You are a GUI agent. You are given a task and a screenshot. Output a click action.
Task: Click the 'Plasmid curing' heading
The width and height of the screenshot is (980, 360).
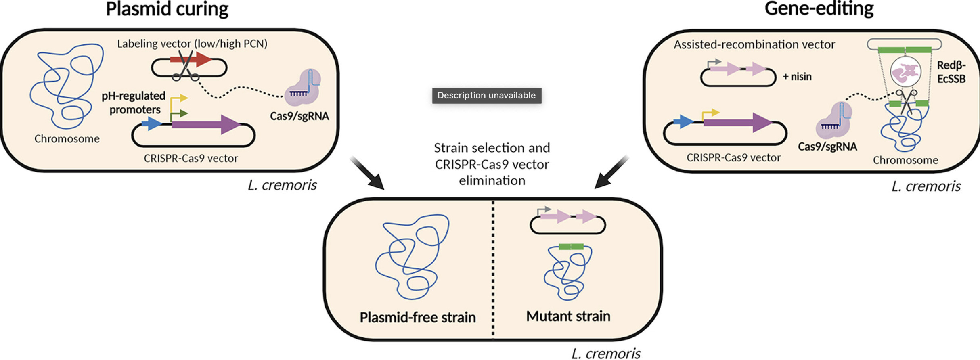click(x=167, y=9)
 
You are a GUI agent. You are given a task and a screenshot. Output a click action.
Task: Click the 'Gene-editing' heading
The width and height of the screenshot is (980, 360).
click(x=819, y=9)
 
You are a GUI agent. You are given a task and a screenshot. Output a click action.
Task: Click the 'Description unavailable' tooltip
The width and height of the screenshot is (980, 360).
click(x=486, y=96)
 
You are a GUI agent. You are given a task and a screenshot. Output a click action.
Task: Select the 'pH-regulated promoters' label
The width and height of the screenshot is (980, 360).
click(x=134, y=103)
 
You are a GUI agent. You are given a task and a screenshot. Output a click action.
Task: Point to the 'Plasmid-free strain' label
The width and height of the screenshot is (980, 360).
click(x=417, y=317)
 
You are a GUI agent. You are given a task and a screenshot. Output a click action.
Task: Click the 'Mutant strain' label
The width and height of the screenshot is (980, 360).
click(x=568, y=316)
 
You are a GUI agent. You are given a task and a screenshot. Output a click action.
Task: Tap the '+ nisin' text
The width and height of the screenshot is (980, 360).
click(x=797, y=77)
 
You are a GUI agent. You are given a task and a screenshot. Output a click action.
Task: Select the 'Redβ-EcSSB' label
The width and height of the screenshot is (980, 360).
click(x=951, y=72)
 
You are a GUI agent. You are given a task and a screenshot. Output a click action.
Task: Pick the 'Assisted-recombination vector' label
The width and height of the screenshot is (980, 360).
click(x=754, y=44)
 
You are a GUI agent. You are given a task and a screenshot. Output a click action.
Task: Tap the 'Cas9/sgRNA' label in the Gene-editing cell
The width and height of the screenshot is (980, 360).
click(x=827, y=147)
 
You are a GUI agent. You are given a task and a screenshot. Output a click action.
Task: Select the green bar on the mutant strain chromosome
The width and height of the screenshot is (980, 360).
click(x=571, y=247)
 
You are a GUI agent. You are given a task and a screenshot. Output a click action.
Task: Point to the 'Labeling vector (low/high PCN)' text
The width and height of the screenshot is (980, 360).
click(x=192, y=44)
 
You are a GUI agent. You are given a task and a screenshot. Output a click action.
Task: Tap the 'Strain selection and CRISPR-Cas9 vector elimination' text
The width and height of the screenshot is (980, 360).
click(x=492, y=164)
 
